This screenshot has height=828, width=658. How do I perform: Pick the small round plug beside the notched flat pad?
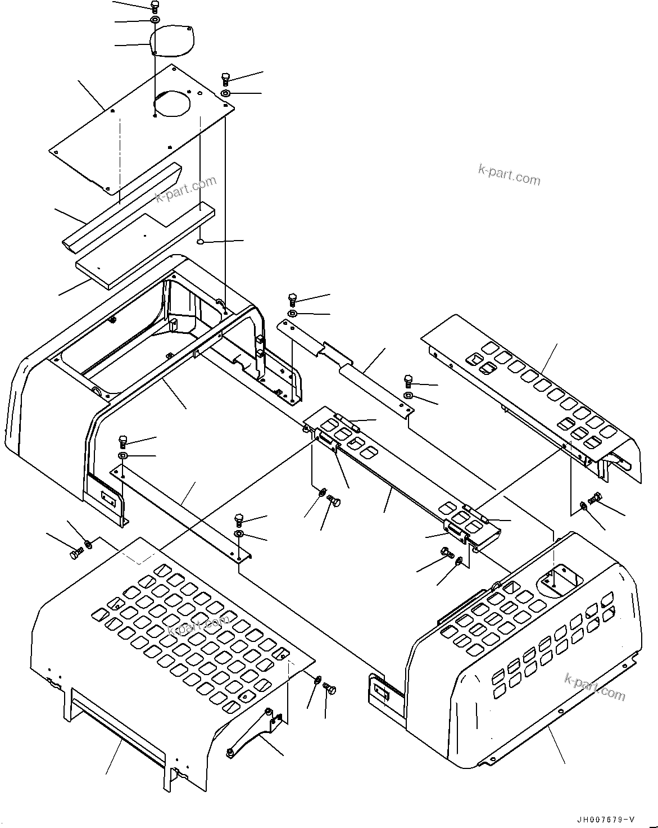coord(199,242)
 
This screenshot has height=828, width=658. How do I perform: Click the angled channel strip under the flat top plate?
coord(121,208)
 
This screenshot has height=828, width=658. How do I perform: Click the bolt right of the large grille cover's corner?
coord(330,688)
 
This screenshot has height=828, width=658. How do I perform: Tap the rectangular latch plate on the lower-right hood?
coord(379,687)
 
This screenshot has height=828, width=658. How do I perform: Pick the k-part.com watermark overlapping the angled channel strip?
coord(185,189)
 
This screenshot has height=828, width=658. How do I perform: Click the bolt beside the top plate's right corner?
coord(225,78)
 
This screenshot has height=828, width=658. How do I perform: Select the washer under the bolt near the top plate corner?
coord(225,93)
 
